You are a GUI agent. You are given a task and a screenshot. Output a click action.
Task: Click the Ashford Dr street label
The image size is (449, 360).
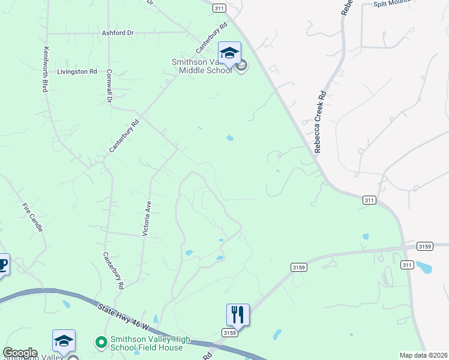117,33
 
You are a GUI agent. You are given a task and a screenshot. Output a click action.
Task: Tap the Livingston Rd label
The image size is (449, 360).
77,71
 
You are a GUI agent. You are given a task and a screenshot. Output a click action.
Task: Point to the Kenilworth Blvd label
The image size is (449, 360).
44,70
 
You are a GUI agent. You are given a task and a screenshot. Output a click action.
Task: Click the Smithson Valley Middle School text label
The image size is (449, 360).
201,66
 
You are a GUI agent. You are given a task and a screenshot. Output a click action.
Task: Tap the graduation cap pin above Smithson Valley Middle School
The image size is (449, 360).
229,53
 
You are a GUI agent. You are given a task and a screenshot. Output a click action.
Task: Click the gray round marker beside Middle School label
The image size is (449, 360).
241,66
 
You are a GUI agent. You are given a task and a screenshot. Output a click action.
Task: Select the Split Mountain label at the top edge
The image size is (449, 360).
393,3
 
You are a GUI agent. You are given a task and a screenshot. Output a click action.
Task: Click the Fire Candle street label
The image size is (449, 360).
32,218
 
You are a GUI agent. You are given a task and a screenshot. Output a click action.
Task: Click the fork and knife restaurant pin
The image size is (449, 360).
238,314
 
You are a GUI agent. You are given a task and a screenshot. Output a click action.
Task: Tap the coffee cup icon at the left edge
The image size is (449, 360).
2,264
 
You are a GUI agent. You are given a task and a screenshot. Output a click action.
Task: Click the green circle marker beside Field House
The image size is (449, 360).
101,342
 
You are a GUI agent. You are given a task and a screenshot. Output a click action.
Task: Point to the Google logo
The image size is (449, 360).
20,353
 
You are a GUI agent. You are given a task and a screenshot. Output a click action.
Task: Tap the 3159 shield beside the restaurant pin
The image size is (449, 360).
229,332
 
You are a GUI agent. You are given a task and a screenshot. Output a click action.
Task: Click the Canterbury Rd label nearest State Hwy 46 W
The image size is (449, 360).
113,271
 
